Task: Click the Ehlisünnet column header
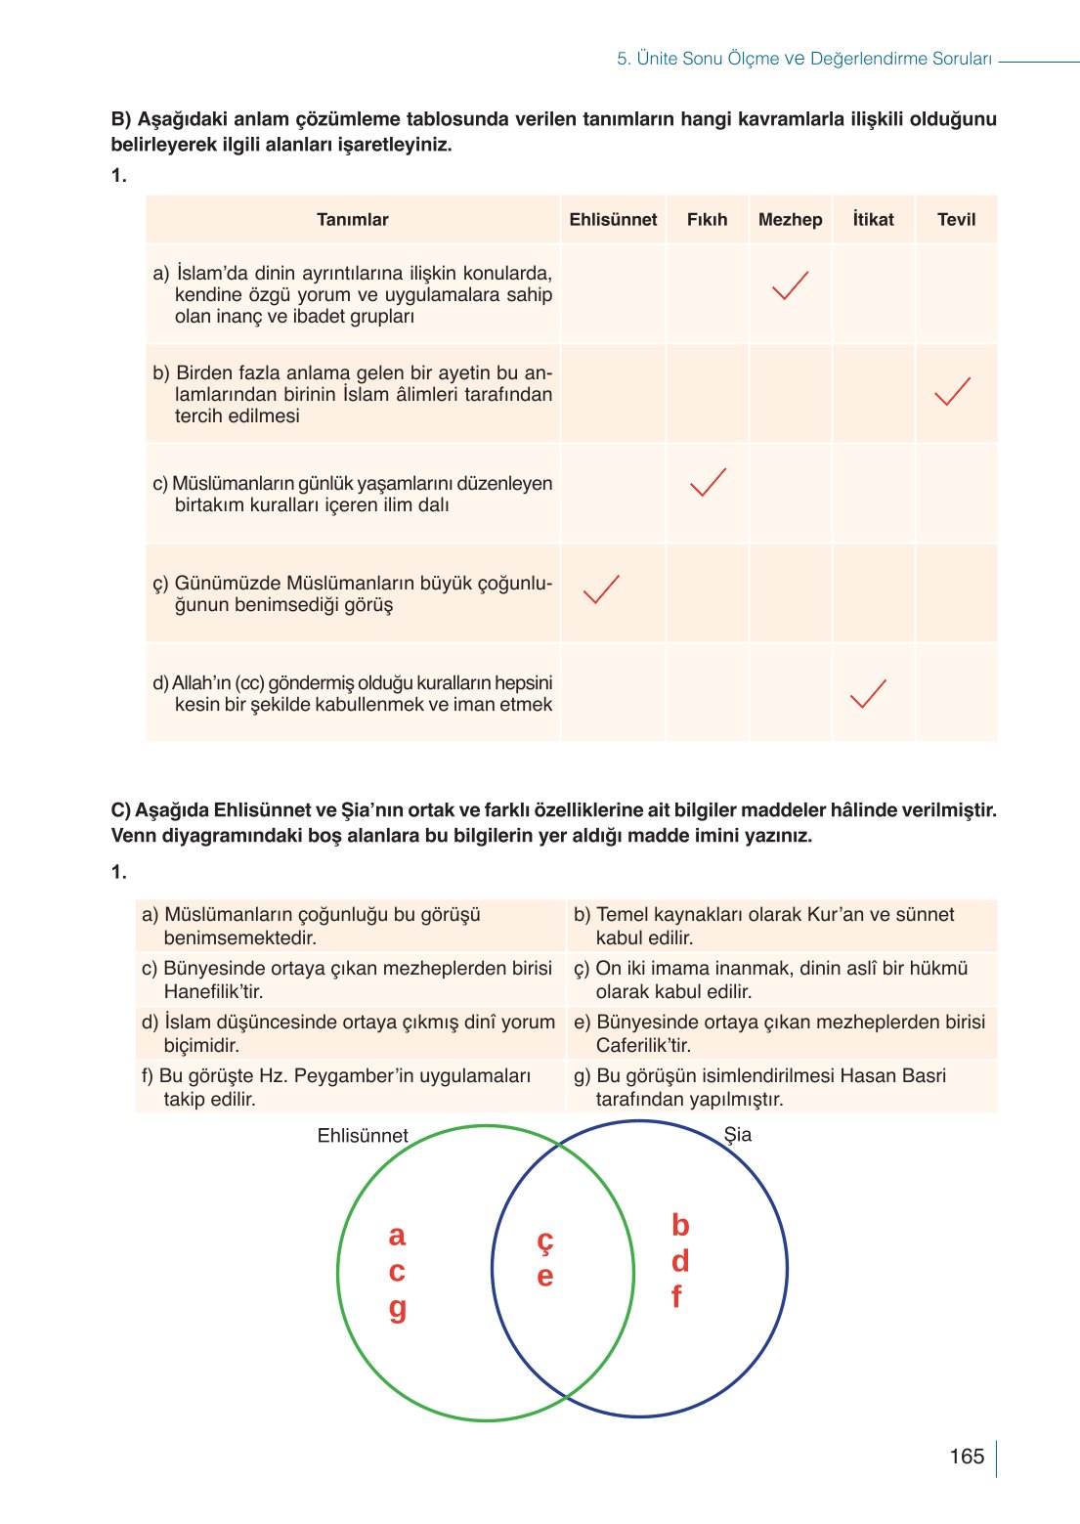[613, 220]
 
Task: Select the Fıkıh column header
[707, 220]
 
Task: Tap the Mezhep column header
[790, 220]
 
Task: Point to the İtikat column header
[873, 220]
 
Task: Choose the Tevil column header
[956, 220]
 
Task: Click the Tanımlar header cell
[352, 220]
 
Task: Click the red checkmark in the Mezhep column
[790, 285]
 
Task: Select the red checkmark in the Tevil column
[952, 391]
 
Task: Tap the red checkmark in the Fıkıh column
[708, 482]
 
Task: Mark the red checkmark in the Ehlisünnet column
[600, 588]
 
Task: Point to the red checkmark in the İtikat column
[868, 693]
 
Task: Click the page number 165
[966, 1457]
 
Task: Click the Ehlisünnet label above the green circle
[363, 1136]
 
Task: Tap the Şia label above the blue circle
[738, 1135]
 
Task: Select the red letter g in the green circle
[397, 1308]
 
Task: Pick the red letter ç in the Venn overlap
[545, 1241]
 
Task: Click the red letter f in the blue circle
[676, 1297]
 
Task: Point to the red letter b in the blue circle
[680, 1225]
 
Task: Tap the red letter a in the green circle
[397, 1236]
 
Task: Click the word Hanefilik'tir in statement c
[213, 991]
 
